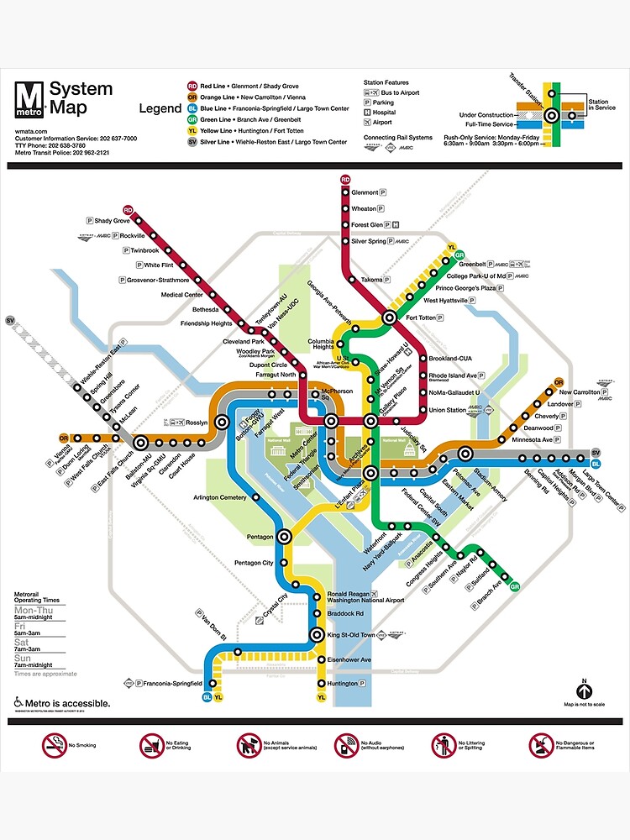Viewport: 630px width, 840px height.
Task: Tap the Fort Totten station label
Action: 423,318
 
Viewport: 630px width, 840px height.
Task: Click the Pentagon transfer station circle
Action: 285,535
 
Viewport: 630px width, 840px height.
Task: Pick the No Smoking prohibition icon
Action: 54,744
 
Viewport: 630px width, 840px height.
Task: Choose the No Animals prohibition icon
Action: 249,744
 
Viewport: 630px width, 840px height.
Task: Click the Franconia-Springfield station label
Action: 170,683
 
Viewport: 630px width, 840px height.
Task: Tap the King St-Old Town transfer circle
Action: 318,635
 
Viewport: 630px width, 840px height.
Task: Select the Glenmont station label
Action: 365,192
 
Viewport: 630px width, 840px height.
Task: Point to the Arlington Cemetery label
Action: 220,497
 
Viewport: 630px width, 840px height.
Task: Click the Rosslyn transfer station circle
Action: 223,422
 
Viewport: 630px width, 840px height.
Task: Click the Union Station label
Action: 448,410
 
